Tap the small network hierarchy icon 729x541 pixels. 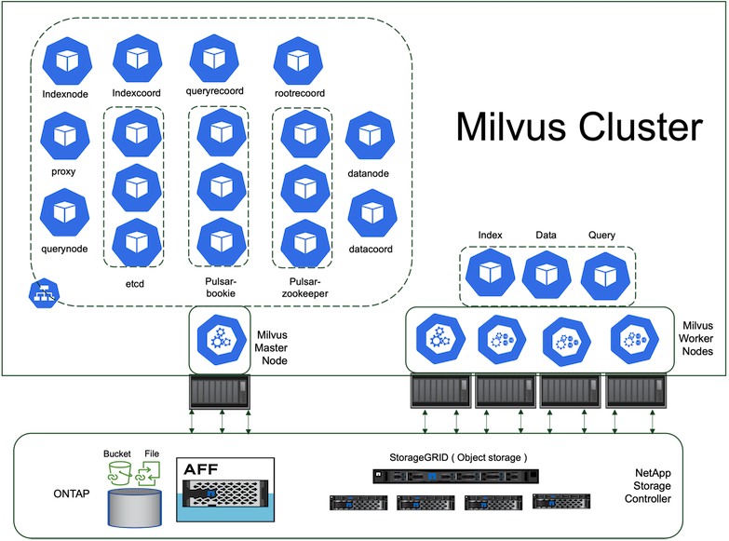point(43,293)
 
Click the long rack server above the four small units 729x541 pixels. point(456,476)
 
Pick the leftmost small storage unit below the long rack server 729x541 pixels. point(358,503)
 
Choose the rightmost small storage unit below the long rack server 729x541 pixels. point(560,501)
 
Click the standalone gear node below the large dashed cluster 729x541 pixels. point(220,340)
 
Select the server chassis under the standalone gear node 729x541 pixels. point(220,392)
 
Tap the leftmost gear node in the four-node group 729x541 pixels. point(439,339)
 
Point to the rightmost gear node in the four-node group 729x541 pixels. point(635,339)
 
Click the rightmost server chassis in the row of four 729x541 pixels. point(635,391)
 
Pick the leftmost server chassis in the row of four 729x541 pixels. point(440,391)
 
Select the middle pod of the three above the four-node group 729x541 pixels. point(547,275)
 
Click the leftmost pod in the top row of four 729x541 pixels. point(67,61)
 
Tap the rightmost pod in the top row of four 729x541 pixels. point(298,61)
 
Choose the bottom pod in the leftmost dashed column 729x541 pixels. point(136,242)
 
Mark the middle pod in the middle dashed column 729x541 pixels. point(221,187)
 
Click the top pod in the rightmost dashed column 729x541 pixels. point(304,134)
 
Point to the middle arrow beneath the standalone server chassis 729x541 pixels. point(221,421)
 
